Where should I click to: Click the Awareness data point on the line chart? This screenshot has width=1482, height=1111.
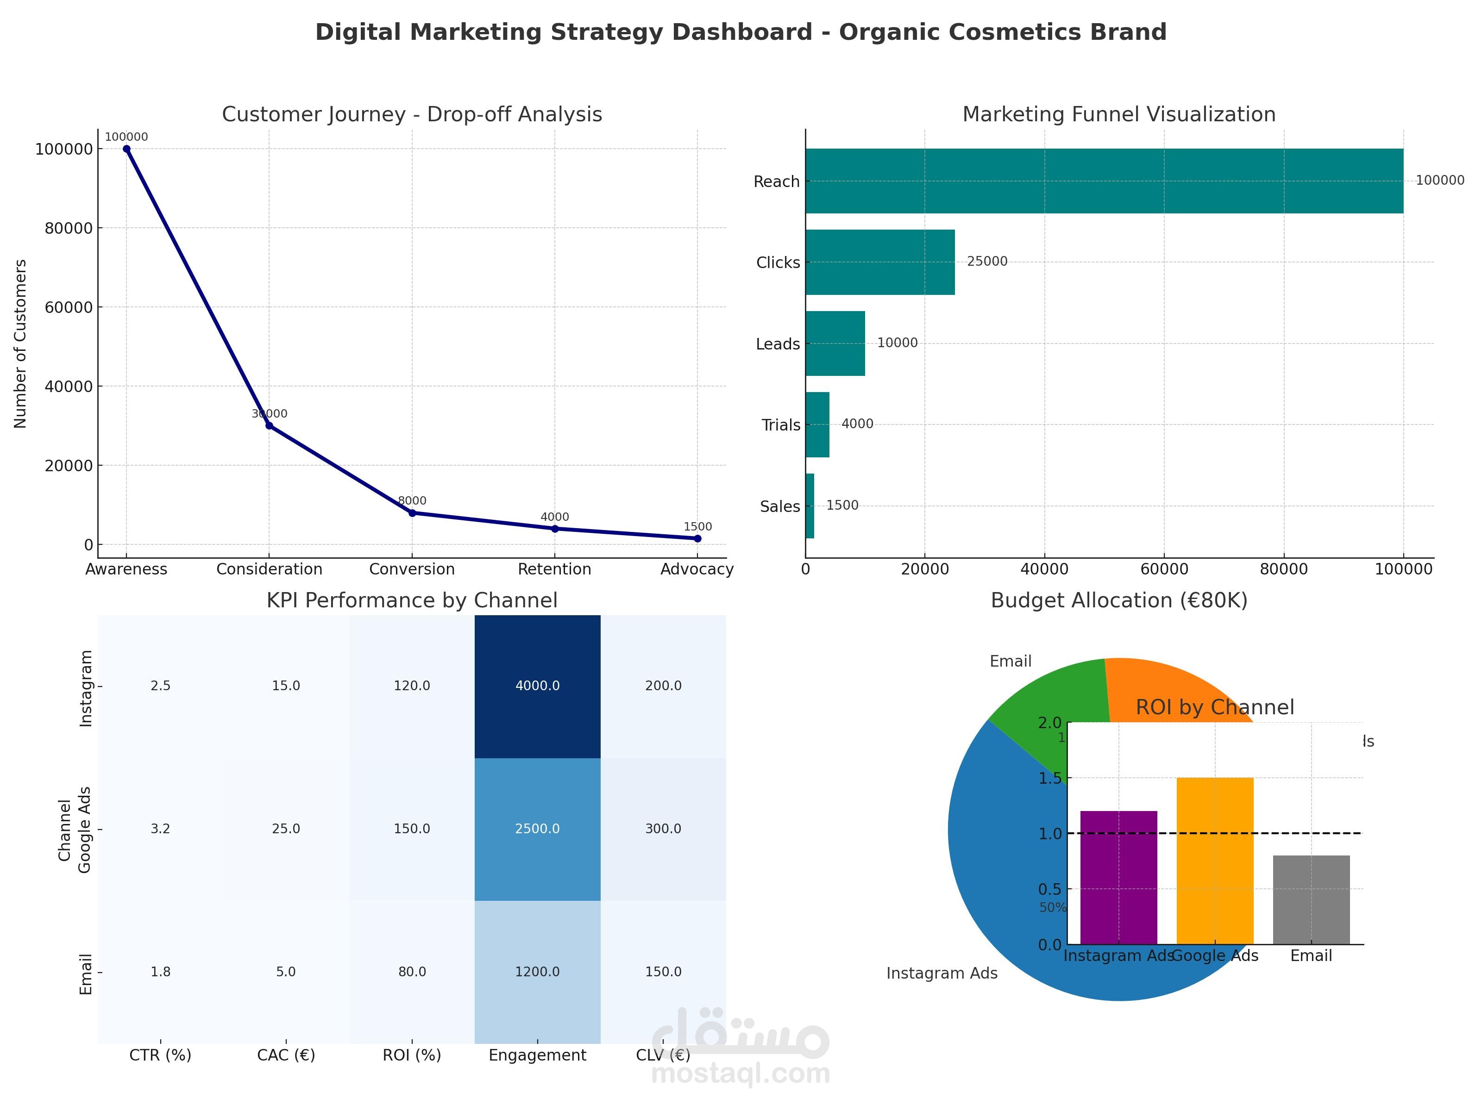point(126,149)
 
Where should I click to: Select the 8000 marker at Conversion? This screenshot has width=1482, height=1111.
point(412,513)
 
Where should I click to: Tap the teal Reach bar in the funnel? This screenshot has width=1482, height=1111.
point(1104,181)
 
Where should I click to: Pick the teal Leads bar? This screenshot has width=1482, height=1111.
point(835,343)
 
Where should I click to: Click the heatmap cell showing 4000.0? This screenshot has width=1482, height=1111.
point(537,686)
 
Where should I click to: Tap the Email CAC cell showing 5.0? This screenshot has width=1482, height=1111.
point(286,972)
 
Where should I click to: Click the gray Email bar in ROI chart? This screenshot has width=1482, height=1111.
point(1311,899)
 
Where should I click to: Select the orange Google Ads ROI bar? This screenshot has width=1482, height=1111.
point(1215,861)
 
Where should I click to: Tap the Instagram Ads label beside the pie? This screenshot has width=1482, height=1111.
point(942,974)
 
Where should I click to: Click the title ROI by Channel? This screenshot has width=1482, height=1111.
point(1215,708)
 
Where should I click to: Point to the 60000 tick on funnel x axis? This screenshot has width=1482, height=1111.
point(1164,569)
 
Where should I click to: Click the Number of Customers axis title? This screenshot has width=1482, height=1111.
point(21,343)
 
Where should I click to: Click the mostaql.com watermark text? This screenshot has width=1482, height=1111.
point(741,1074)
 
